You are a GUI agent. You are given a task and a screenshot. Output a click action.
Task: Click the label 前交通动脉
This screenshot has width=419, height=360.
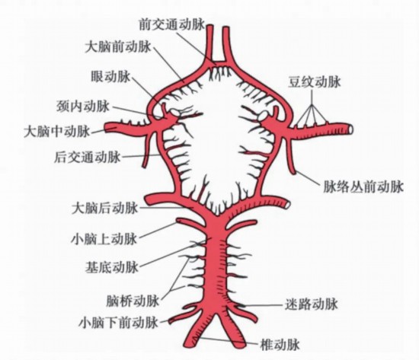(171, 25)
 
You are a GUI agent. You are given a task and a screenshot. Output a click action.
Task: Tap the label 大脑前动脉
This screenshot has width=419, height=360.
(118, 47)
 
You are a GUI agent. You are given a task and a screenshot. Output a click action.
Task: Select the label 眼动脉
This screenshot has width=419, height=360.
(110, 77)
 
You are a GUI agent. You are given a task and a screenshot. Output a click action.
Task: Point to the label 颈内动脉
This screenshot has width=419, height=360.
(83, 107)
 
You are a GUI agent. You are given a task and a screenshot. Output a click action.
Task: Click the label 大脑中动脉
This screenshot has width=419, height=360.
(57, 132)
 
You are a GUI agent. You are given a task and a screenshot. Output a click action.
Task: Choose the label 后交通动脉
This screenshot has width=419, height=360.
(88, 157)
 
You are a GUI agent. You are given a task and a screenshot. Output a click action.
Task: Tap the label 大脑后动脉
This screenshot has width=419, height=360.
(105, 208)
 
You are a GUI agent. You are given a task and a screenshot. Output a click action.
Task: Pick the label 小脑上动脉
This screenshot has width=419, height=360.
(104, 238)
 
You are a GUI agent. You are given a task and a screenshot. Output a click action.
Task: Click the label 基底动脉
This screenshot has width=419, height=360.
(112, 267)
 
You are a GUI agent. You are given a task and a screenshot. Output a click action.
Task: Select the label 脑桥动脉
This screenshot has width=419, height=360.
(133, 301)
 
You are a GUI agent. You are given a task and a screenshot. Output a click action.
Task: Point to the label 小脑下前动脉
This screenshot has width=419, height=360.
(118, 323)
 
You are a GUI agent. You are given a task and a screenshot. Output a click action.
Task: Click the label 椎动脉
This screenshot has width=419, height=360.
(280, 344)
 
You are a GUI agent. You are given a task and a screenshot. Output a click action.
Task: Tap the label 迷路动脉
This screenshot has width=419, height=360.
(311, 304)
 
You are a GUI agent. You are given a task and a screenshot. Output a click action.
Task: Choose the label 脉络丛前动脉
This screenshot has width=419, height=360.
(363, 186)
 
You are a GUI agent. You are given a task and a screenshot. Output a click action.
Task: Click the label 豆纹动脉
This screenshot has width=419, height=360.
(314, 81)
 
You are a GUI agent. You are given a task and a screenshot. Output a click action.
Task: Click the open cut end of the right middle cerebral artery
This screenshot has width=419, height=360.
(350, 129)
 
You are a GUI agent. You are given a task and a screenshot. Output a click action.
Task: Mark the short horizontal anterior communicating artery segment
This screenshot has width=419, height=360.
(219, 64)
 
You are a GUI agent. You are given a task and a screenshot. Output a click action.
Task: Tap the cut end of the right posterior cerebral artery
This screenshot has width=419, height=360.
(287, 205)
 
